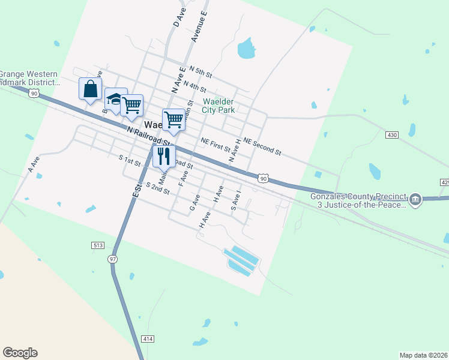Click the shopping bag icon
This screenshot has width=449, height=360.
90,89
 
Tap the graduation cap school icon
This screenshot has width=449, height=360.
114,98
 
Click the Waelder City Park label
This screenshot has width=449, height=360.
218,106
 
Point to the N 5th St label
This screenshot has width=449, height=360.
200,72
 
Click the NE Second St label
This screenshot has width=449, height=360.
262,145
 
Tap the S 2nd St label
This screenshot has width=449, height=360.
157,188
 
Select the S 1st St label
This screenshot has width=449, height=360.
130,161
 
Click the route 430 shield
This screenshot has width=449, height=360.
392,136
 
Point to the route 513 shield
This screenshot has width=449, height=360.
98,245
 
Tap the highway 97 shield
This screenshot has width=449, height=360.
112,259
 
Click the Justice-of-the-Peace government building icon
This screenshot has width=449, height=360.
415,200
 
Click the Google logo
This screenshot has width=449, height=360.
20,353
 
